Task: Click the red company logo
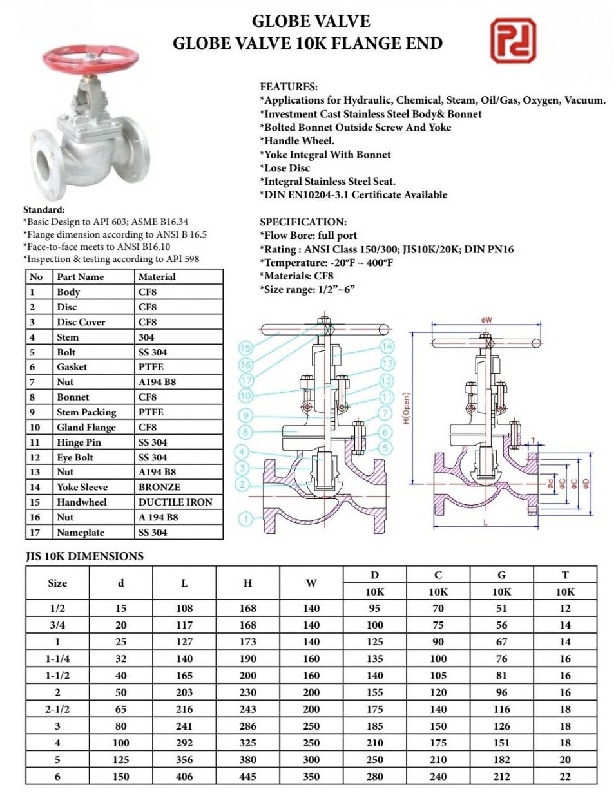513,40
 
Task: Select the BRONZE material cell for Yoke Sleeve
159,487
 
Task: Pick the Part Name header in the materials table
80,277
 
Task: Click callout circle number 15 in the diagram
245,348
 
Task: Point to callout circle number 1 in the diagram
245,518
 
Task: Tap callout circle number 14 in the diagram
387,346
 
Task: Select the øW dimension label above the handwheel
486,320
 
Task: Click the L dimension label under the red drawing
485,522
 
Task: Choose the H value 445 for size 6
247,776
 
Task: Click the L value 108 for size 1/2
184,608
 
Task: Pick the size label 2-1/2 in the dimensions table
57,709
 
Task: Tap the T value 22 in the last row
565,776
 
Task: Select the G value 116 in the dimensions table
501,709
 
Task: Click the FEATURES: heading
289,86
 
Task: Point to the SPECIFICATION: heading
303,222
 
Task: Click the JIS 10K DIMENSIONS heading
84,556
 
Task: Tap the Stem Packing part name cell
86,412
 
